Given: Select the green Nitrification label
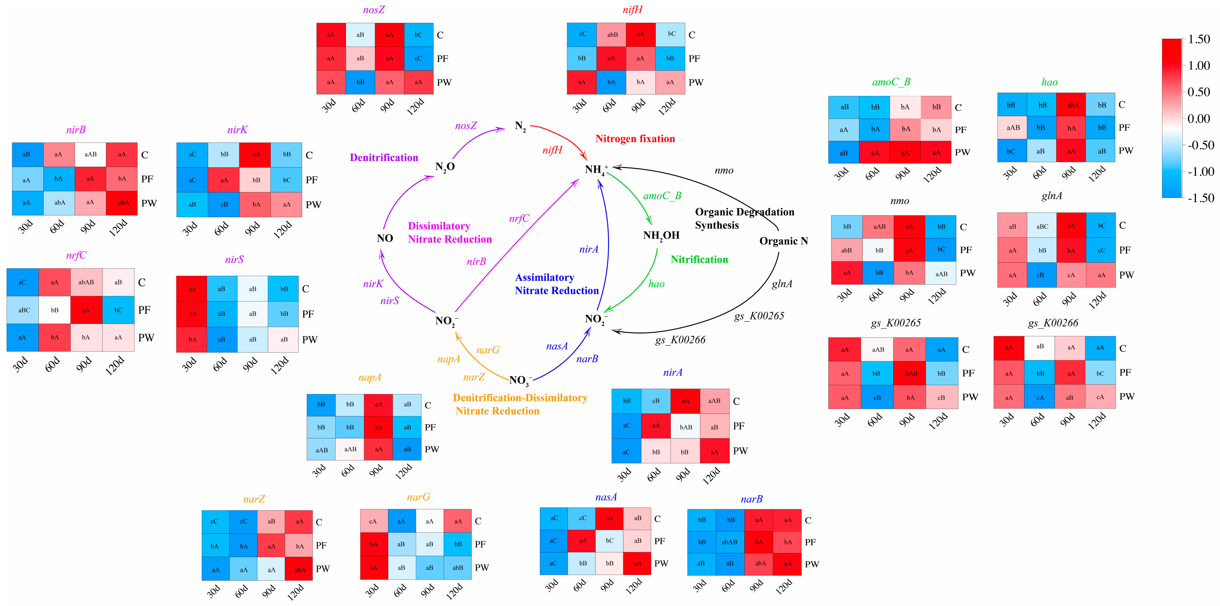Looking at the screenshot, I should [699, 259].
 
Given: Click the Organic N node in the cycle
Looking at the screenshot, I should [783, 241].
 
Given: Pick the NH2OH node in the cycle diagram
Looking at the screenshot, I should [661, 235].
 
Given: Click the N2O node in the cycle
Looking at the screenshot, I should [445, 167].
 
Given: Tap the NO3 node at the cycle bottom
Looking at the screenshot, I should [520, 380].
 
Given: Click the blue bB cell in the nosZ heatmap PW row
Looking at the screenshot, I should [360, 82].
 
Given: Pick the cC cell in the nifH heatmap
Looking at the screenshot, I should [582, 34].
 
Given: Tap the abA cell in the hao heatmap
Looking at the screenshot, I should [1073, 105].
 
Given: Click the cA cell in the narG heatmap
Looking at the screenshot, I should [373, 521].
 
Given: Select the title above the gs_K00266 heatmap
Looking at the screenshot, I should [1053, 323].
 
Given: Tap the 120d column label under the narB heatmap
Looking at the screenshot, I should [783, 587].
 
